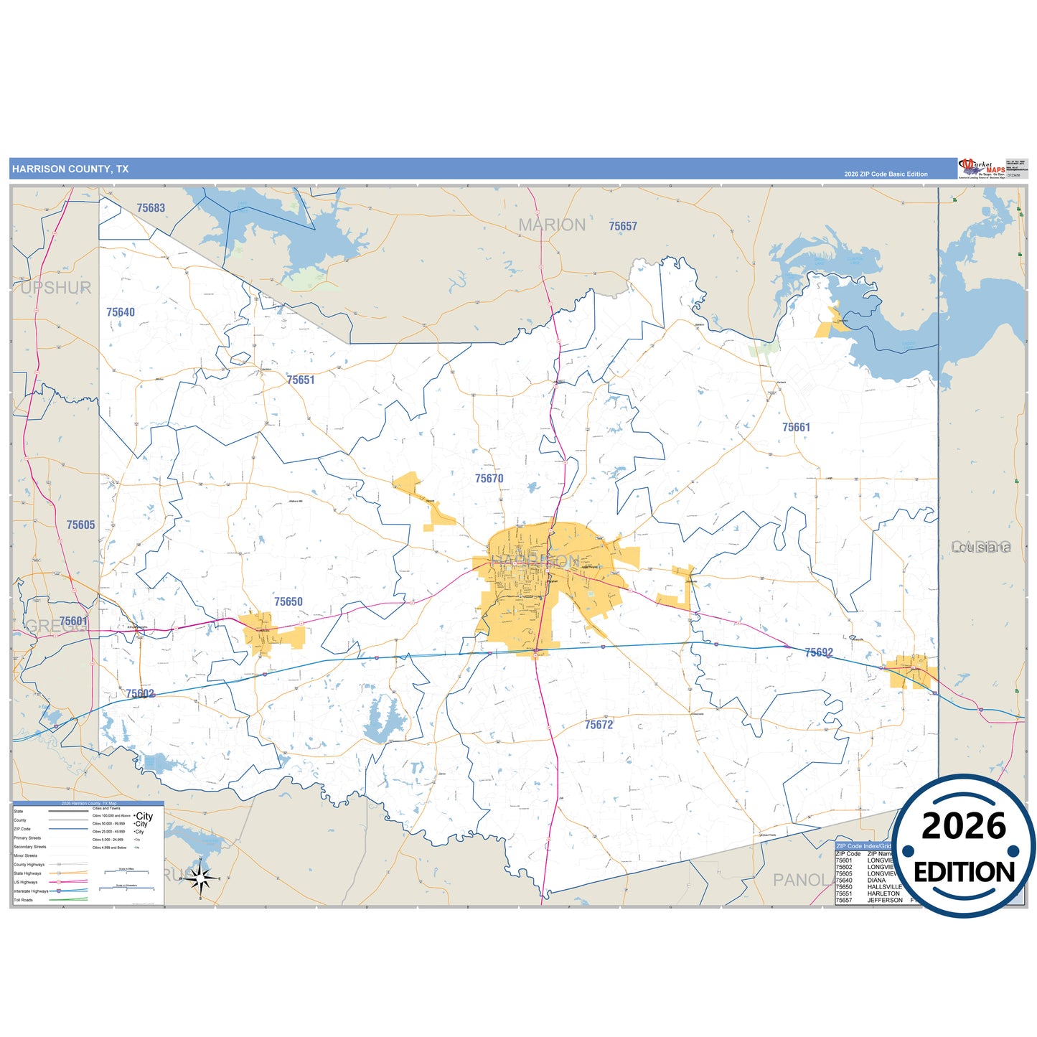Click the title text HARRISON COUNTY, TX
70,169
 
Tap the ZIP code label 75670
489,479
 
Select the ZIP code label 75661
796,428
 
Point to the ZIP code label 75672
599,725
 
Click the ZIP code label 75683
151,208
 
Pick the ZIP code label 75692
819,653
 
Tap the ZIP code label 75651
301,380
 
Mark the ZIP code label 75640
121,312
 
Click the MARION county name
552,225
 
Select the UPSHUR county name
56,288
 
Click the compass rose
201,877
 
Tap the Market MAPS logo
982,169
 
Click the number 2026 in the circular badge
964,827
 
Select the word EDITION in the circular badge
964,872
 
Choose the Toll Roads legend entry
23,900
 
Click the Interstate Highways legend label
32,891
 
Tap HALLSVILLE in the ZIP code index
884,887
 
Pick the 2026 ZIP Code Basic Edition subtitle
886,174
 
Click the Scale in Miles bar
126,872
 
